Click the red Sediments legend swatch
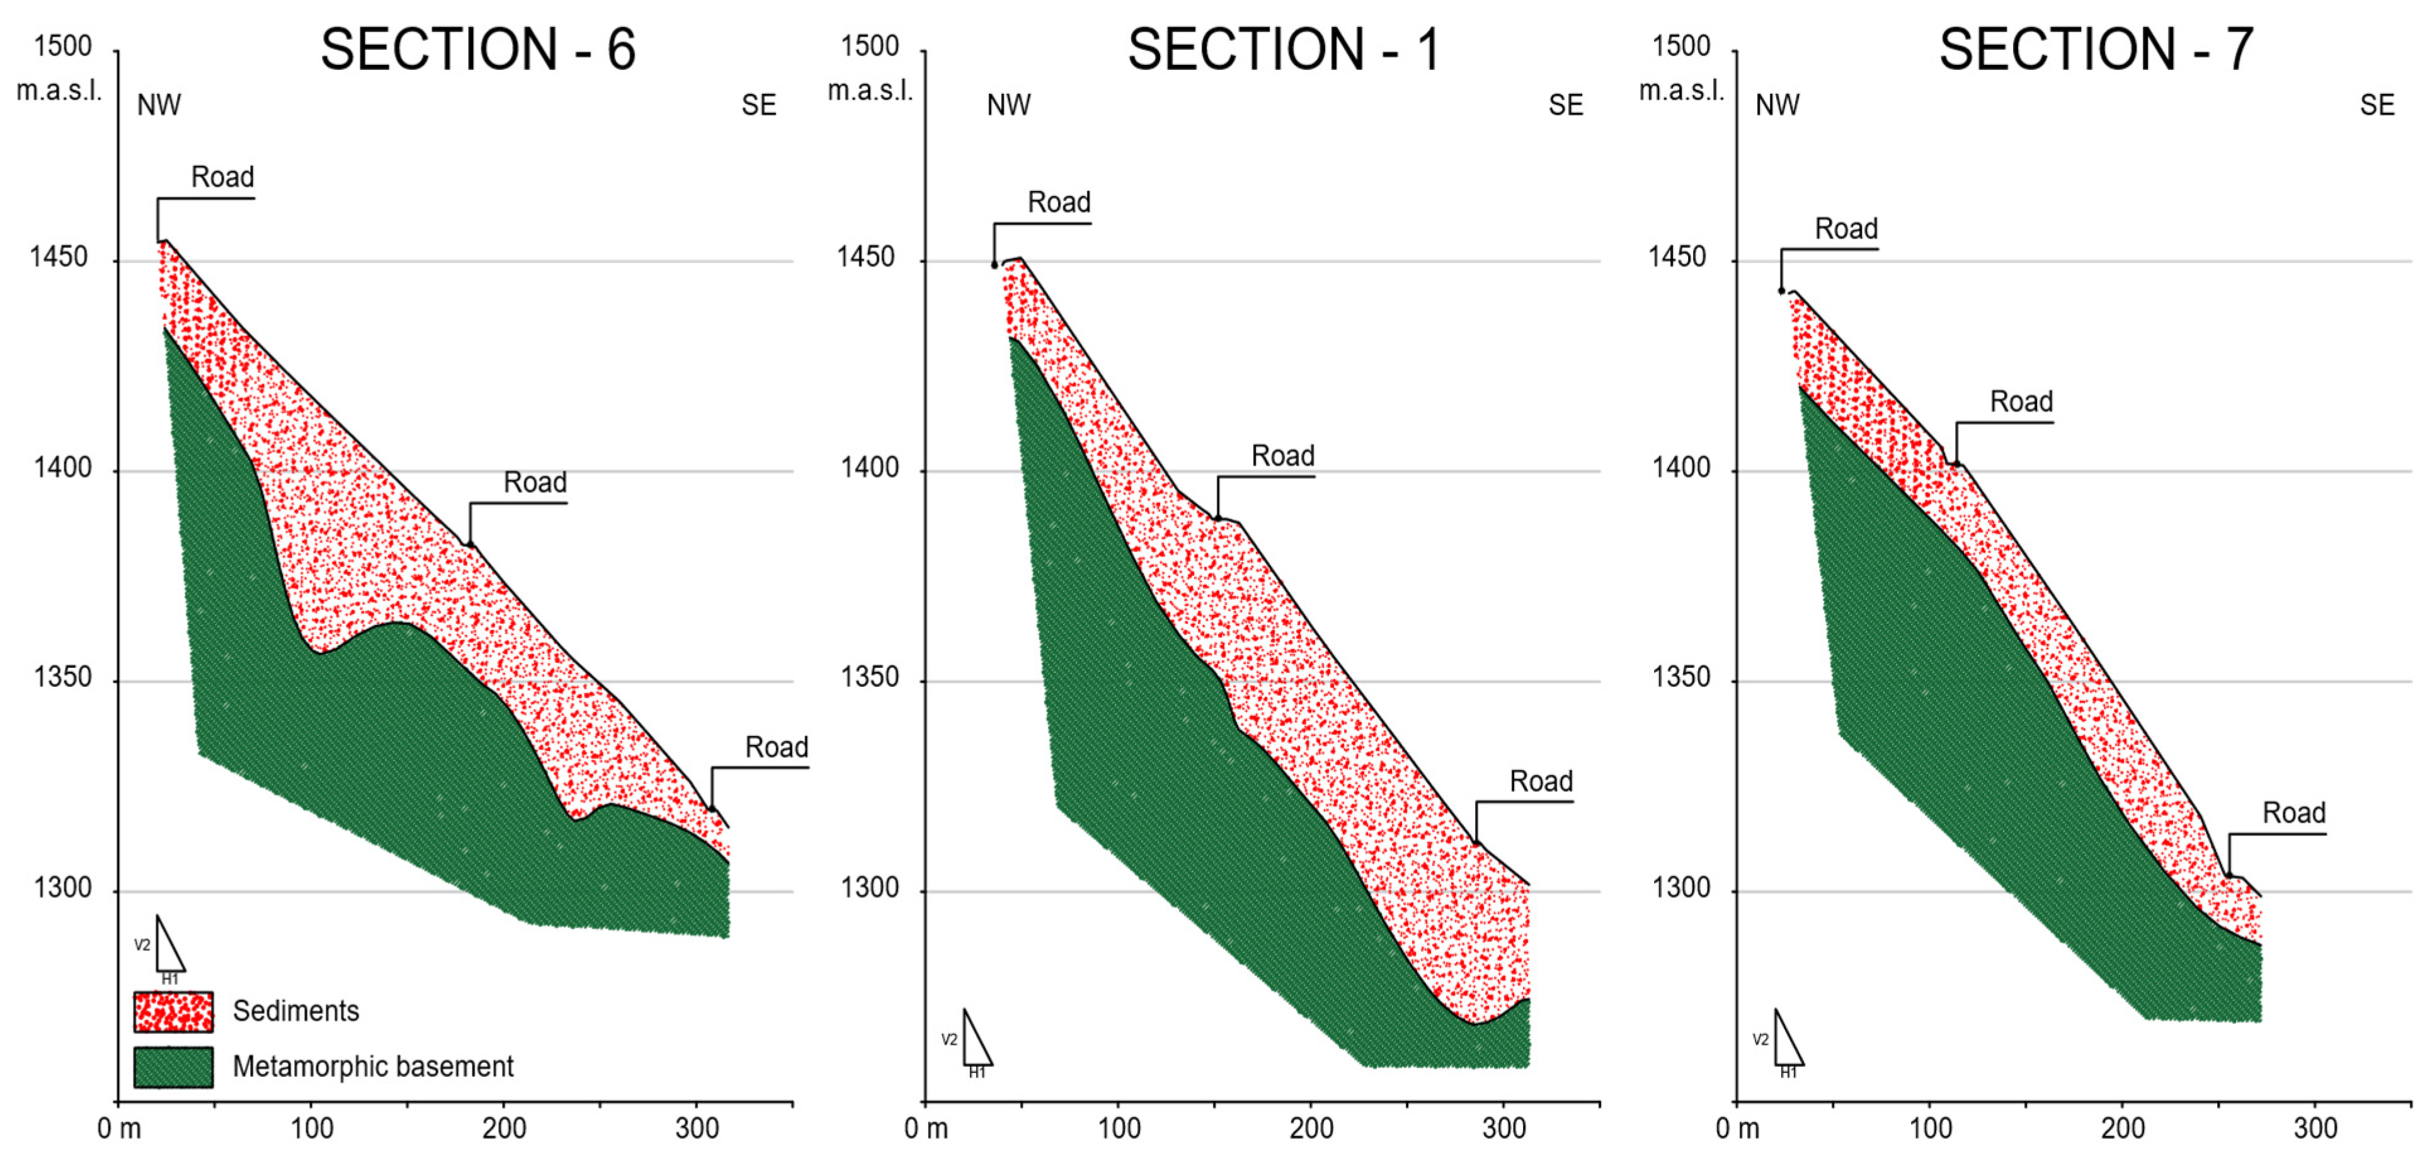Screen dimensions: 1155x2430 click(174, 1011)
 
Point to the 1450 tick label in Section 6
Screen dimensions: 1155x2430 click(59, 258)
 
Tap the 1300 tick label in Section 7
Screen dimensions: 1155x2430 click(1679, 888)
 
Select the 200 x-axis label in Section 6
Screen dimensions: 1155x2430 click(504, 1129)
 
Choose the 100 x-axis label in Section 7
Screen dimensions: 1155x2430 click(1930, 1129)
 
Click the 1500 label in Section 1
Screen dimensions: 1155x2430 click(870, 46)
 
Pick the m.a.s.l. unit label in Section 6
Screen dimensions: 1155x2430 click(59, 91)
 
